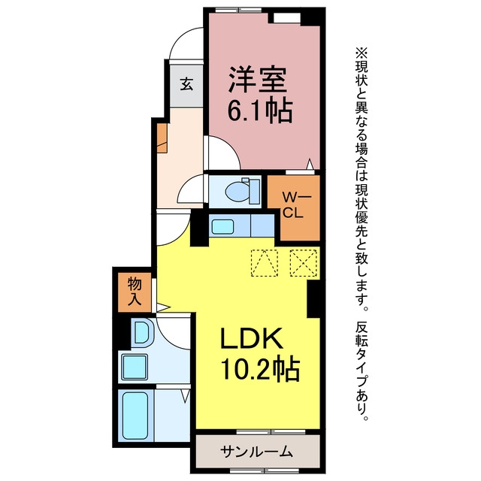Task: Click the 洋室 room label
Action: tap(257, 80)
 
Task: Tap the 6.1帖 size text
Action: tap(259, 110)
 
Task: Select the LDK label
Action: tap(252, 338)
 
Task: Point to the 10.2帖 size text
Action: tap(259, 368)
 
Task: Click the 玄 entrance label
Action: tap(186, 83)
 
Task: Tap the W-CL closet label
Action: tap(294, 204)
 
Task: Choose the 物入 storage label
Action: tap(135, 291)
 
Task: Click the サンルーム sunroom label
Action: tap(256, 451)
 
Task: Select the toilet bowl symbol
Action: tap(242, 191)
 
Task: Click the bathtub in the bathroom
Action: tap(135, 416)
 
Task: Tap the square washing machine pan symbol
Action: tap(135, 367)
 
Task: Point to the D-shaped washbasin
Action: tap(142, 331)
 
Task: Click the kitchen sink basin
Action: tap(223, 226)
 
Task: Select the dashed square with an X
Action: tap(304, 263)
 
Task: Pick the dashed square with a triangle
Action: tap(265, 263)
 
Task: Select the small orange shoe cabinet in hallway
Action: tap(162, 138)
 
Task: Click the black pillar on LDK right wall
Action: tap(313, 299)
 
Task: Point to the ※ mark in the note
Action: tap(362, 53)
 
